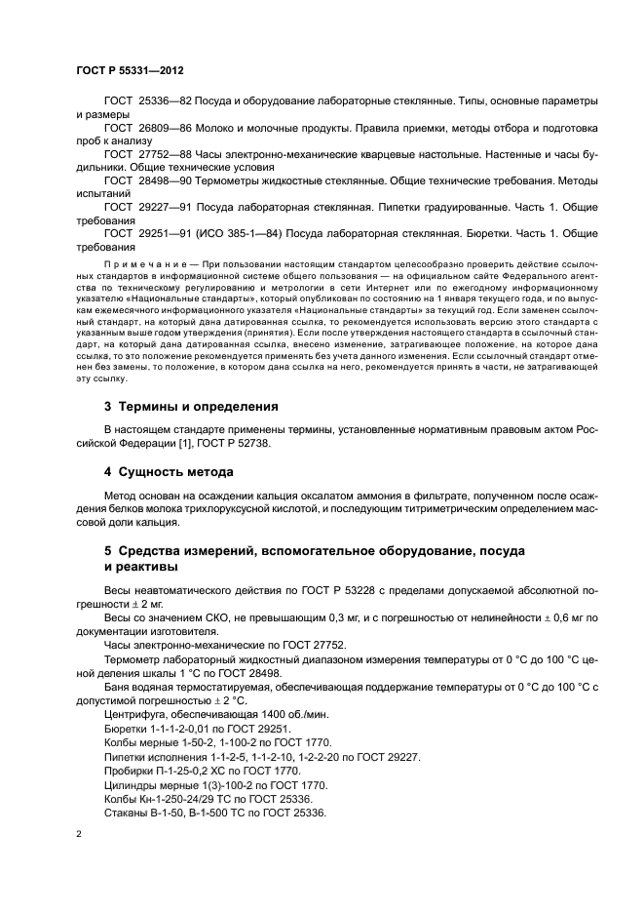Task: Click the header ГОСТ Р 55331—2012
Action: click(x=129, y=71)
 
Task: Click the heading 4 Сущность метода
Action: click(x=169, y=472)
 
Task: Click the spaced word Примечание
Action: click(x=137, y=263)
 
